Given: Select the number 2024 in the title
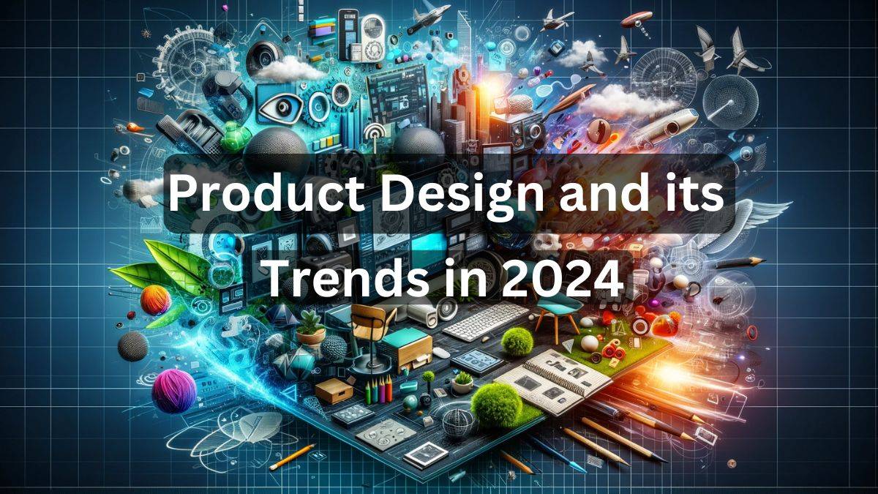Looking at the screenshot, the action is pyautogui.click(x=562, y=280).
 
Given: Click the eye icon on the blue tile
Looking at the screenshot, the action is pyautogui.click(x=282, y=106).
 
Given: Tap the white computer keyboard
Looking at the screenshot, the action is pyautogui.click(x=486, y=321).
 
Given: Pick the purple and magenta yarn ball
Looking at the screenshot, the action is pyautogui.click(x=173, y=391).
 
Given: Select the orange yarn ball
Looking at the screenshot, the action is pyautogui.click(x=156, y=300).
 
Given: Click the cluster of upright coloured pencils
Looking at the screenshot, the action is pyautogui.click(x=379, y=389).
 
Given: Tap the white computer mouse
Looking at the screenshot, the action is pyautogui.click(x=441, y=353).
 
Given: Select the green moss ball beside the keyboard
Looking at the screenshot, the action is pyautogui.click(x=517, y=342).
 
